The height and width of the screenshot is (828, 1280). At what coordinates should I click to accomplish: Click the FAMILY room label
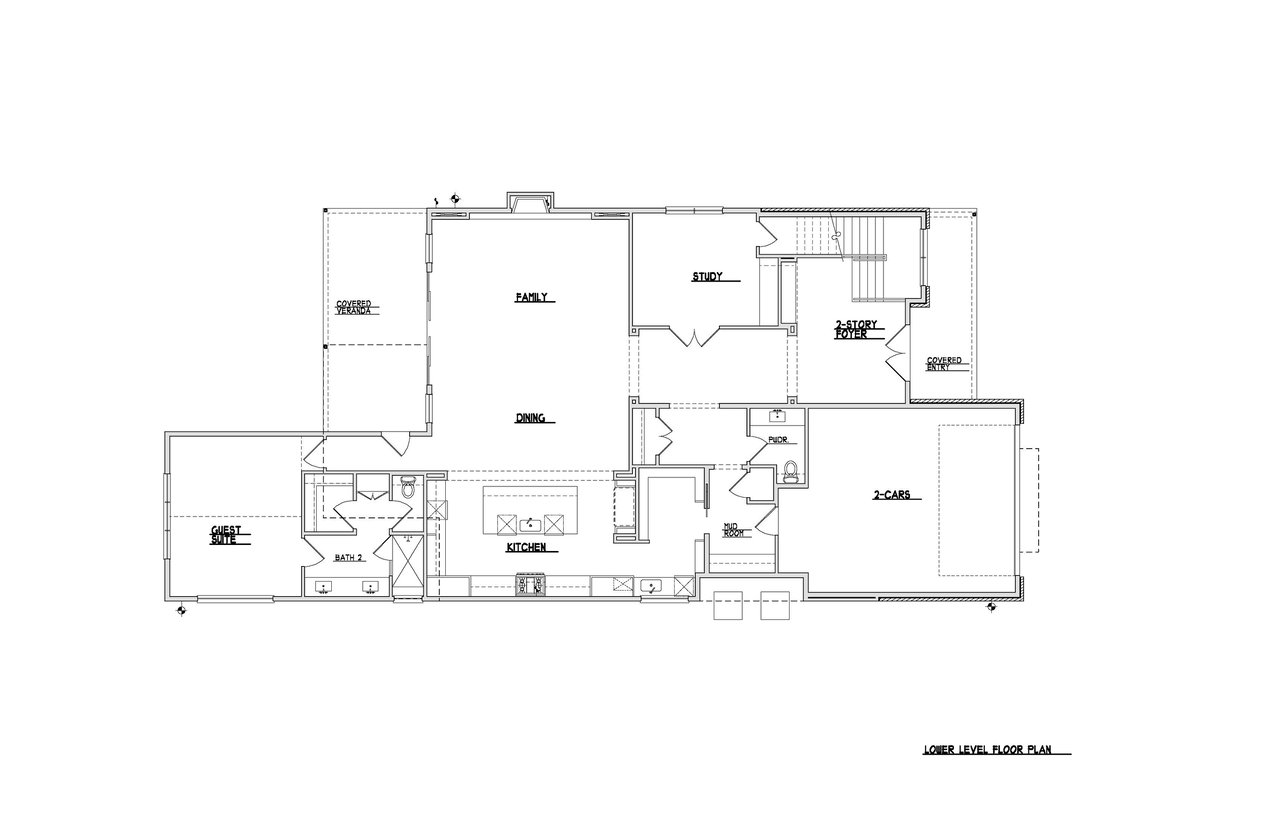pyautogui.click(x=531, y=297)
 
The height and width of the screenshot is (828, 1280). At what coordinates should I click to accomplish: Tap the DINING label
pyautogui.click(x=530, y=418)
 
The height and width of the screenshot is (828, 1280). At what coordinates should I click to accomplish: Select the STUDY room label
pyautogui.click(x=707, y=277)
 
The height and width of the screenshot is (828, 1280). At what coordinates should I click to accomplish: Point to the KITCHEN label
pyautogui.click(x=526, y=547)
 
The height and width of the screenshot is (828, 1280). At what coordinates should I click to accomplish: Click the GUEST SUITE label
pyautogui.click(x=226, y=535)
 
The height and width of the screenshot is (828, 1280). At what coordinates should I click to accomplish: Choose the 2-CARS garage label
pyautogui.click(x=891, y=495)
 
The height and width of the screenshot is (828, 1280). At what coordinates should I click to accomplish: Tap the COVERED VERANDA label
pyautogui.click(x=353, y=307)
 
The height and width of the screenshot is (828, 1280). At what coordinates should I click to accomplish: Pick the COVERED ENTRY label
pyautogui.click(x=944, y=364)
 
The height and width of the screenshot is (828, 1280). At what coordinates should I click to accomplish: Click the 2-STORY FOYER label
pyautogui.click(x=856, y=329)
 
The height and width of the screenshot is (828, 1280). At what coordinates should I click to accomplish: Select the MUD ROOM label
pyautogui.click(x=733, y=530)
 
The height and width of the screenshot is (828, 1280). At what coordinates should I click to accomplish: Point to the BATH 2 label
pyautogui.click(x=349, y=558)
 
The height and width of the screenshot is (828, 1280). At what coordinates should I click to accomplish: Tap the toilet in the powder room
pyautogui.click(x=791, y=471)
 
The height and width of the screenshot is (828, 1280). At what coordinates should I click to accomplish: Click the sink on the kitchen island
pyautogui.click(x=530, y=525)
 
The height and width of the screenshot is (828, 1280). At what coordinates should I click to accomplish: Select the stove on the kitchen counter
pyautogui.click(x=531, y=585)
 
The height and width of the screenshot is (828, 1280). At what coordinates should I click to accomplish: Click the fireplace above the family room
pyautogui.click(x=531, y=203)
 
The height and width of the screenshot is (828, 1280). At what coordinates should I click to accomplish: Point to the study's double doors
pyautogui.click(x=694, y=337)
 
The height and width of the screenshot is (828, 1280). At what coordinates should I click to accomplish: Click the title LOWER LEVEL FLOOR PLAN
pyautogui.click(x=987, y=750)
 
